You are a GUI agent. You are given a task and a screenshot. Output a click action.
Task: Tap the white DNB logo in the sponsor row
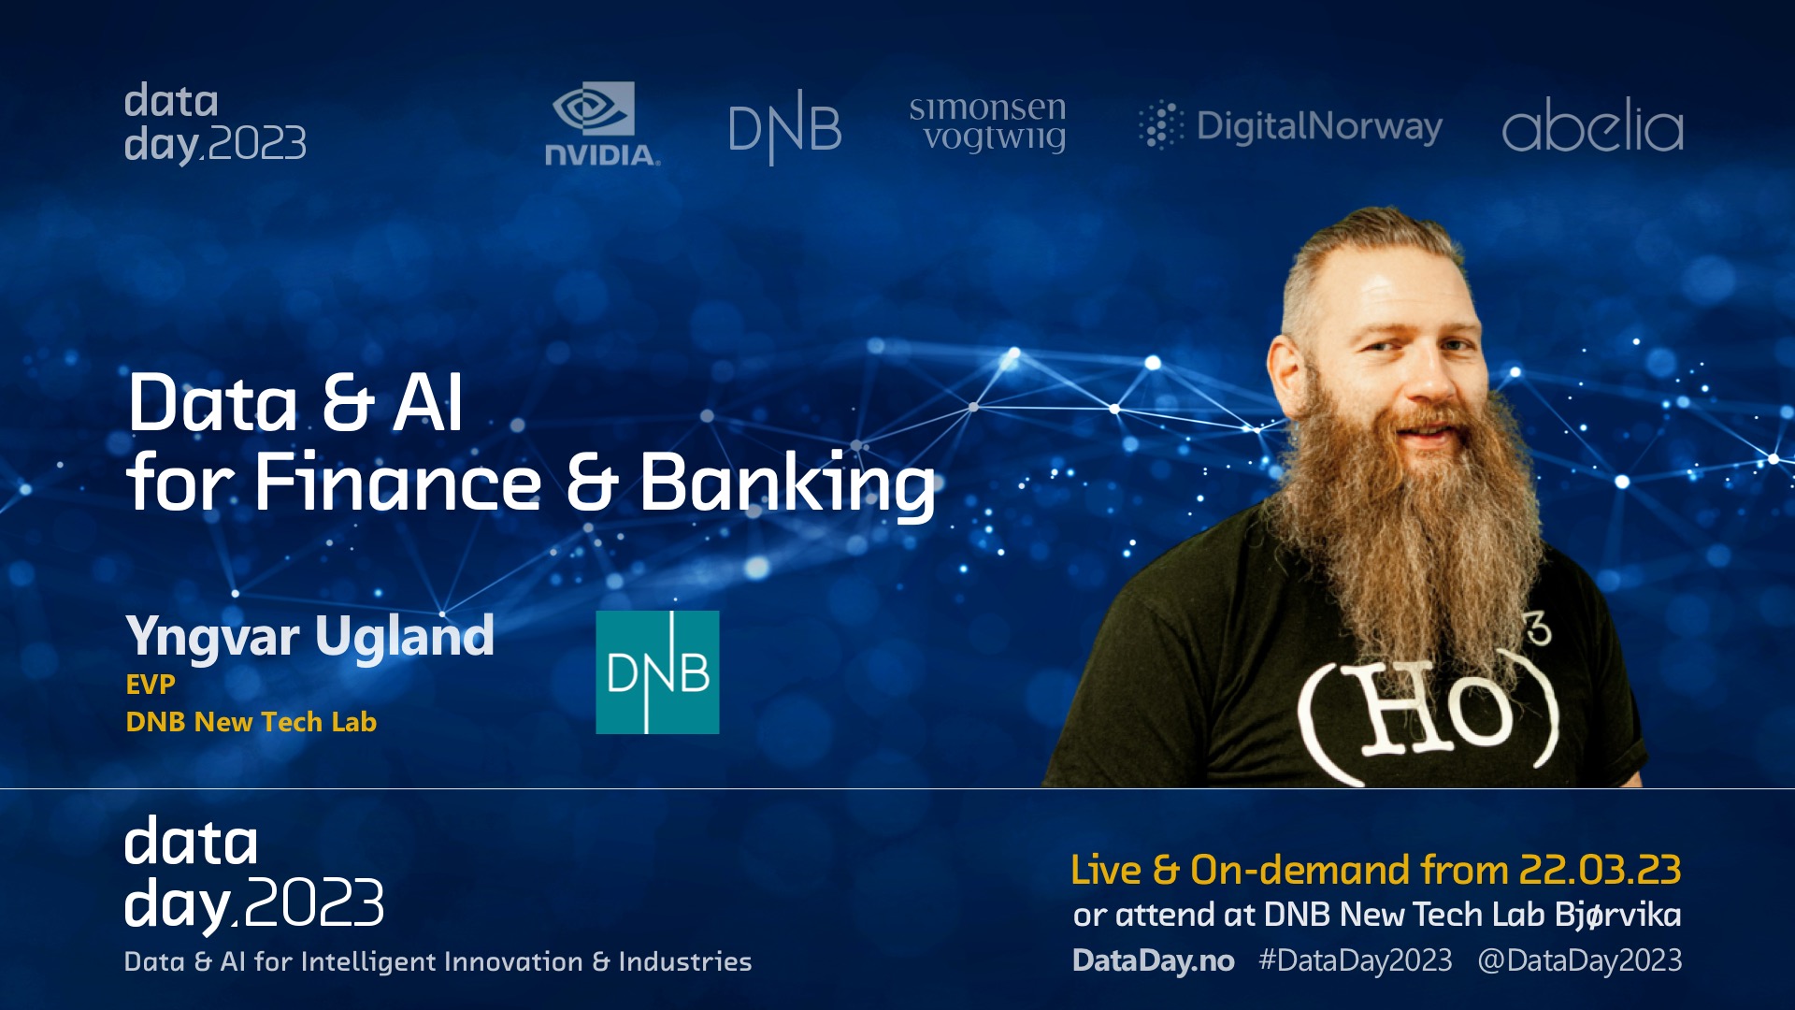point(785,127)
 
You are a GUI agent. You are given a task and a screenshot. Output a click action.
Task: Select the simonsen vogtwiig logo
point(987,123)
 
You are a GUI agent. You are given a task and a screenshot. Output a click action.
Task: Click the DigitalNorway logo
point(1290,126)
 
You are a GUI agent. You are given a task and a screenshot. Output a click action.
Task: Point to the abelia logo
point(1592,124)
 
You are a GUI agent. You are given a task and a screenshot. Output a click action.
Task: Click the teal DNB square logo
point(657,671)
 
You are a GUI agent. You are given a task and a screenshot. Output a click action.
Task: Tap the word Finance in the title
point(398,482)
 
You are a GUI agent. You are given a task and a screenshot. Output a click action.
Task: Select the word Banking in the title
point(786,483)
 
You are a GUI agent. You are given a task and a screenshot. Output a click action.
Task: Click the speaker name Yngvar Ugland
point(309,637)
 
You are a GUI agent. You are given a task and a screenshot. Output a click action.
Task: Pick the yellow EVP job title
point(151,685)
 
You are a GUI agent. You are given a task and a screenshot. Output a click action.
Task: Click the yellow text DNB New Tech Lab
point(251,722)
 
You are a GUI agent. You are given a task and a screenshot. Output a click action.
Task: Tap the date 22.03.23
point(1600,870)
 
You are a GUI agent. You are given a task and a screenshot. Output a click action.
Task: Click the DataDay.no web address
point(1153,960)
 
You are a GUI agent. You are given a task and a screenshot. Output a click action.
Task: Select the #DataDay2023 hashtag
point(1356,960)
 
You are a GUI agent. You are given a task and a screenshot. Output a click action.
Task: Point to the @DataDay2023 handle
point(1580,960)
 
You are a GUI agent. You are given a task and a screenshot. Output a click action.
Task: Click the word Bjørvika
point(1618,915)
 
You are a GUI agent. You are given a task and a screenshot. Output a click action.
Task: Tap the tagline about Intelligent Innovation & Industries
point(438,961)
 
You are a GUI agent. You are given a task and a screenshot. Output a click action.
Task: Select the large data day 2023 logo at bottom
point(253,873)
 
